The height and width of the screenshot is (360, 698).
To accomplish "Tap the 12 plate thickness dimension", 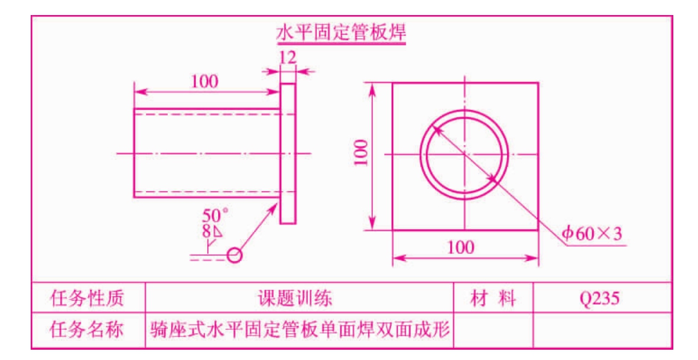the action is [288, 58].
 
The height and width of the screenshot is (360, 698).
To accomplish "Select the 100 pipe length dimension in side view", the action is [205, 81].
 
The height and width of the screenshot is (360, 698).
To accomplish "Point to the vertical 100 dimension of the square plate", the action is [362, 152].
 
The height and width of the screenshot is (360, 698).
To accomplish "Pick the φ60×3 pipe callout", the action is [592, 234].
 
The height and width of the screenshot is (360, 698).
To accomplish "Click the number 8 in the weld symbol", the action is [206, 231].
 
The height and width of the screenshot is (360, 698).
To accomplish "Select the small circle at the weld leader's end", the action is [235, 255].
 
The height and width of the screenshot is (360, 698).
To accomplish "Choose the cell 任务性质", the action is [87, 298].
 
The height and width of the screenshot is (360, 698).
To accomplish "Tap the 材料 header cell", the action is [493, 298].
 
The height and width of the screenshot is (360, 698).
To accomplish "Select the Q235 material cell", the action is [602, 298].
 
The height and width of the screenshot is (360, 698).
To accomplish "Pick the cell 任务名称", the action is [87, 330].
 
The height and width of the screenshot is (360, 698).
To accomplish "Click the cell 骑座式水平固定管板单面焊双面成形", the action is [299, 330].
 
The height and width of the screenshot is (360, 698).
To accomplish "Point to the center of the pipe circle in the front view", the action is [465, 155].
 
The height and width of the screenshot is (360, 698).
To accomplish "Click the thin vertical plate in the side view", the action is [288, 153].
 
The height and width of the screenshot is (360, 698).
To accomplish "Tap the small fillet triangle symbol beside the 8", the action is [217, 232].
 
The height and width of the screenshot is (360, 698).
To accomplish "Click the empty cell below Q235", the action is [602, 330].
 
